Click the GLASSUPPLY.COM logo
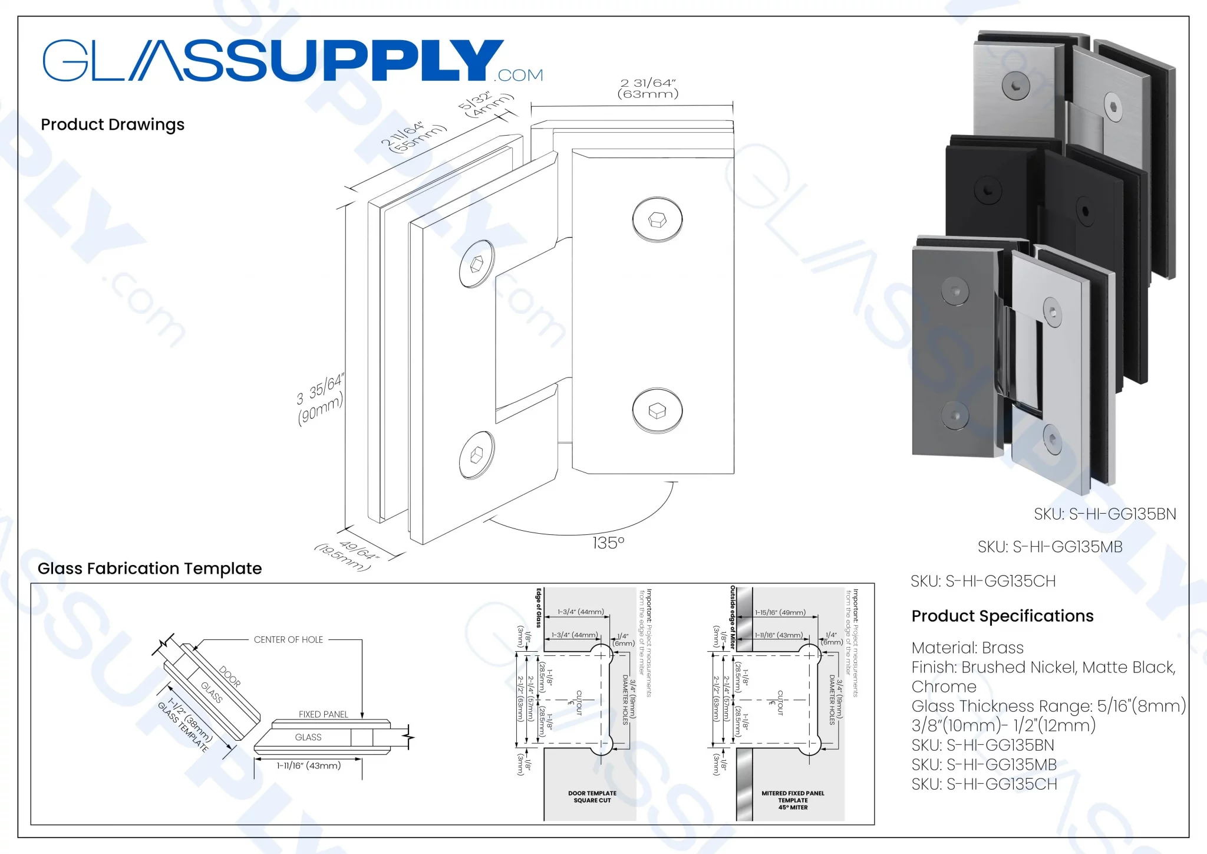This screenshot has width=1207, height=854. pos(292,61)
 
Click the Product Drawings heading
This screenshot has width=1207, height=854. pos(113,125)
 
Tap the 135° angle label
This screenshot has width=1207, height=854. pos(608,543)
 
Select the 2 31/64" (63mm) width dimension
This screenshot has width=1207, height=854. pos(648,88)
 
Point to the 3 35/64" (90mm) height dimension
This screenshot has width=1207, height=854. pos(320,400)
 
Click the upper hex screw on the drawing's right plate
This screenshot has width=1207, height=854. pos(657,220)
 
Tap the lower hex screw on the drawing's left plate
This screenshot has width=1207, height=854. pos(477,455)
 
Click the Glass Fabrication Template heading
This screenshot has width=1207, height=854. pos(150,569)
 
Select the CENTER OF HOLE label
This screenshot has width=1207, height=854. pos(288,640)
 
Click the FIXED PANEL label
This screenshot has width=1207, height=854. pos(323,714)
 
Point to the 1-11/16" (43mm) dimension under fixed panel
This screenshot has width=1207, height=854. pos(309,766)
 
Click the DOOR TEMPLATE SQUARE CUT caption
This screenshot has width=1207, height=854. pos(592,797)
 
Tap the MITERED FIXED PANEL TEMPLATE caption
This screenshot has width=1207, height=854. pos(793,800)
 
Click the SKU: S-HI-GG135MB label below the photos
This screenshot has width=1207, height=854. pos(1050,547)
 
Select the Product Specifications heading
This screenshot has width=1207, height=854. pos(1002,616)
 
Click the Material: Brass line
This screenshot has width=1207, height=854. pos(967,648)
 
